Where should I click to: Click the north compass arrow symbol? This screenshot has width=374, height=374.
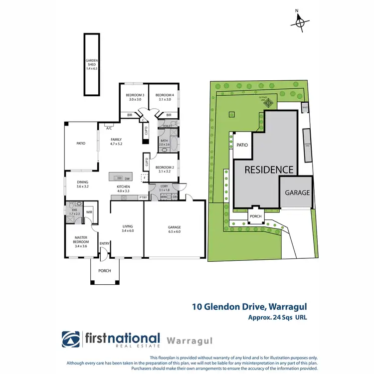pyautogui.click(x=300, y=21)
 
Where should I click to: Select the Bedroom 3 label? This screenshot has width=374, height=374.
pyautogui.click(x=135, y=97)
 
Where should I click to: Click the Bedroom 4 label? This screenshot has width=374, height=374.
pyautogui.click(x=164, y=97)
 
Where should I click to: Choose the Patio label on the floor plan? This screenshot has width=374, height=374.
pyautogui.click(x=80, y=143)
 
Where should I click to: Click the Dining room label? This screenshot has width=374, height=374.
pyautogui.click(x=82, y=185)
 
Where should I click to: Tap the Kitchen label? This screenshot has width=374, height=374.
pyautogui.click(x=123, y=188)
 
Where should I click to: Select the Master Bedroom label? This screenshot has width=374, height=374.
pyautogui.click(x=80, y=241)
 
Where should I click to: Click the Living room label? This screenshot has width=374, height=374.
pyautogui.click(x=128, y=228)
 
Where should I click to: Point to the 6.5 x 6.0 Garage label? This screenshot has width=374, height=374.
pyautogui.click(x=174, y=229)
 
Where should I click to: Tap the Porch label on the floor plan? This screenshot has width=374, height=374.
pyautogui.click(x=105, y=271)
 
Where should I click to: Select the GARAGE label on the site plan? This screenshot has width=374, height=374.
pyautogui.click(x=297, y=192)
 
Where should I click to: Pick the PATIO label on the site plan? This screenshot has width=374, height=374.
pyautogui.click(x=242, y=145)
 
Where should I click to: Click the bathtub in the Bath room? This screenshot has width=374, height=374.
pyautogui.click(x=165, y=149)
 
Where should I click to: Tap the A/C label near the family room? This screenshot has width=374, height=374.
pyautogui.click(x=108, y=128)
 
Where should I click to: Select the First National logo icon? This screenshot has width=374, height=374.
pyautogui.click(x=71, y=340)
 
